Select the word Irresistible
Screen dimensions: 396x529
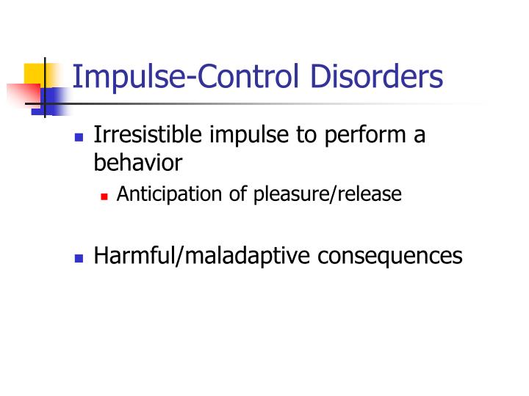coord(149,136)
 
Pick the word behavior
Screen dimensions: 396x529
coord(137,161)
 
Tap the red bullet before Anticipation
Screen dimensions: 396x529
coord(105,196)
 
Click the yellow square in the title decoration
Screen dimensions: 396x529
coord(35,74)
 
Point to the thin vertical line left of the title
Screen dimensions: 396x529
coord(45,87)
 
